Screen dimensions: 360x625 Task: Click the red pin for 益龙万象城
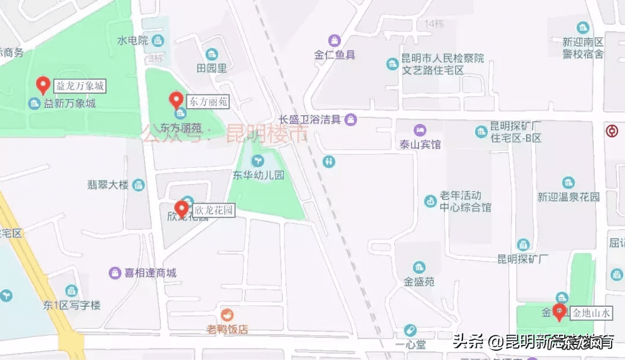[x=43, y=85]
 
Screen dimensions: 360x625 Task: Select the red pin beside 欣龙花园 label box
[x=182, y=208]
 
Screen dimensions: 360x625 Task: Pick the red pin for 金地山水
[x=559, y=312]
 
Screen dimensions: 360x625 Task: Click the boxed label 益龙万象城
[x=80, y=86]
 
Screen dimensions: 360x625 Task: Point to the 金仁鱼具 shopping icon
[x=334, y=41]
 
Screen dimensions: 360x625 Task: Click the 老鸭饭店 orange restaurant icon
[x=227, y=315]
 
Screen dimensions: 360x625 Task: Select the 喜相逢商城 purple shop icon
[x=115, y=273]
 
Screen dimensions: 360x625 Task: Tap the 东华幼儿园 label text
[x=258, y=175]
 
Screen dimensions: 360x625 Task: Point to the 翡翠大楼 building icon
[x=138, y=185]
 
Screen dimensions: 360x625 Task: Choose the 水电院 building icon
[x=157, y=41]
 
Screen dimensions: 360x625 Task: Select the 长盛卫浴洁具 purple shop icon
[x=350, y=120]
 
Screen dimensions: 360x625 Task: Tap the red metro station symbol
[x=612, y=130]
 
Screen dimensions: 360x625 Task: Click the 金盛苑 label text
[x=420, y=282]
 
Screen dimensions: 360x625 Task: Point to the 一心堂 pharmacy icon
[x=410, y=330]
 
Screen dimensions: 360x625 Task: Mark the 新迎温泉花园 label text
[x=568, y=197]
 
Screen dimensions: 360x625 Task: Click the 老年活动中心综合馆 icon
[x=430, y=201]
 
